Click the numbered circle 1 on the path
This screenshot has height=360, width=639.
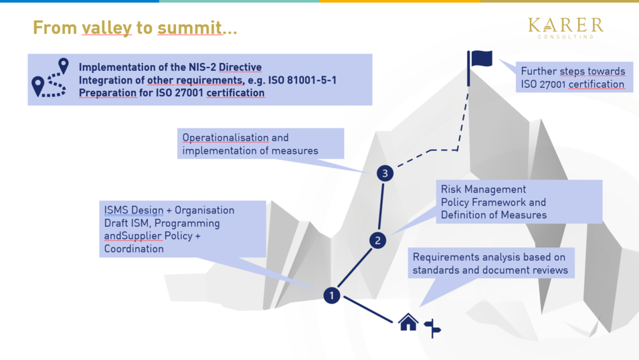[x=332, y=295]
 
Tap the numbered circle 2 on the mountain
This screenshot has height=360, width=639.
[x=378, y=240]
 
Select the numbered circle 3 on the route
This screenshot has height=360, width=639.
[x=385, y=173]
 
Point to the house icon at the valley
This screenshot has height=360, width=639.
[x=408, y=322]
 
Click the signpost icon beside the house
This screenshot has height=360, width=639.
[x=432, y=328]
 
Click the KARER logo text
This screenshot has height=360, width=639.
[x=565, y=25]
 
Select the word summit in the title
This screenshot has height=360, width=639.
[x=190, y=27]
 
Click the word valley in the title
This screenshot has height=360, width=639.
[x=106, y=28]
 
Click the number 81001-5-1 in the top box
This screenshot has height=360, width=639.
[x=311, y=80]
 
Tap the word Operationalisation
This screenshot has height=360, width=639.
[x=225, y=137]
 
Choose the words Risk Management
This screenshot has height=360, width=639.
[x=483, y=189]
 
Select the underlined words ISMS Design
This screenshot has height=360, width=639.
[x=134, y=210]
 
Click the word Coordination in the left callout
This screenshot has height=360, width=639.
[x=134, y=249]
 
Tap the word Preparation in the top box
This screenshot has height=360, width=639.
[x=108, y=93]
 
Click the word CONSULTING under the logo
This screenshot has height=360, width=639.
[x=565, y=37]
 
